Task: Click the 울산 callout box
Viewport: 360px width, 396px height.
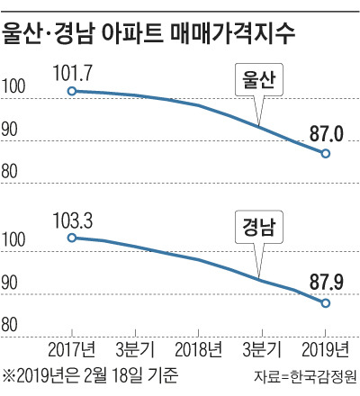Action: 259,79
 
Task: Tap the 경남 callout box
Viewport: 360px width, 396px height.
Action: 259,225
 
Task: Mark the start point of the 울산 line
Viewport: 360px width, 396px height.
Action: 72,90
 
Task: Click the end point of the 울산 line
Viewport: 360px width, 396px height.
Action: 326,154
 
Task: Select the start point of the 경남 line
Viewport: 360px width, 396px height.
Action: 72,238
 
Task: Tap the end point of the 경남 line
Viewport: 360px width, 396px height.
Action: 326,302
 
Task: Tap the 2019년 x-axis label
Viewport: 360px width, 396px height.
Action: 325,348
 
